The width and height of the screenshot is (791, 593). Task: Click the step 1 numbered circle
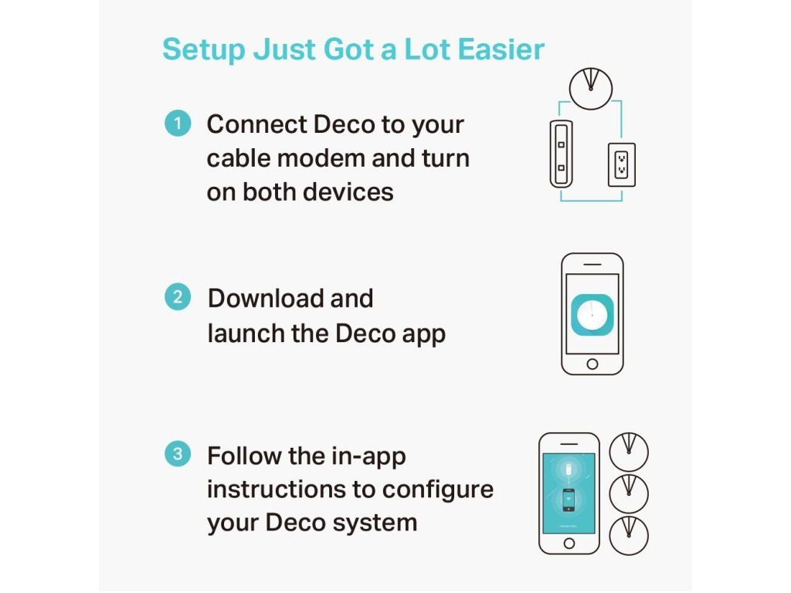(178, 124)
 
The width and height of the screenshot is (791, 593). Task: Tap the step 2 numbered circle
(178, 297)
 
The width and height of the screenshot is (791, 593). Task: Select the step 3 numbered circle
(178, 454)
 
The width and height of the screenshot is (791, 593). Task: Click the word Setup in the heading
(204, 50)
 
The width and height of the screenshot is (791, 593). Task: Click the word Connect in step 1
(256, 124)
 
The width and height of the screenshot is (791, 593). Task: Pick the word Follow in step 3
(244, 456)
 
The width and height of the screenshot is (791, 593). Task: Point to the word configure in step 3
(437, 490)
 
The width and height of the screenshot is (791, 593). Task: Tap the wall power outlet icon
(622, 165)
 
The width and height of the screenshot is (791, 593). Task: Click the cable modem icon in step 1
(561, 154)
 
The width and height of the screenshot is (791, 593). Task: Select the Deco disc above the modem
(591, 89)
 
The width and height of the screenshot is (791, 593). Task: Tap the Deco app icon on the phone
(592, 315)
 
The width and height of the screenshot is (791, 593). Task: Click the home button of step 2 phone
(592, 364)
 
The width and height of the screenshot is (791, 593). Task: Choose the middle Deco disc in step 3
(629, 493)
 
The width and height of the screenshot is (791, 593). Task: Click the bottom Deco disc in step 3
(629, 536)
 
